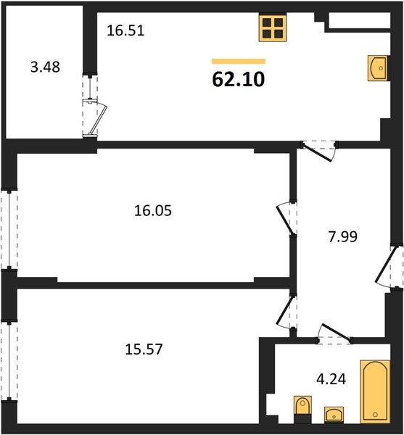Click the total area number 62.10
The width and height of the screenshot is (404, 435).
coord(239,80)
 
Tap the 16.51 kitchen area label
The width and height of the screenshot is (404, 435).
coord(125,30)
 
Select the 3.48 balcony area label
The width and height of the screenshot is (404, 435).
coord(45,67)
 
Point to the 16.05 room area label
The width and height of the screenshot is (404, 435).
coord(153,210)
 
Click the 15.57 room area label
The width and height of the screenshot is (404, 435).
coord(144,349)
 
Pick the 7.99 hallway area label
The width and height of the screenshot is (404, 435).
coord(343,236)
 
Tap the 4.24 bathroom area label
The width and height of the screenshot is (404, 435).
coord(331,379)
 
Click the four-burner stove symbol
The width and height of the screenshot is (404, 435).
coord(273,28)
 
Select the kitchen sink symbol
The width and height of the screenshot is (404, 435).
coord(378,68)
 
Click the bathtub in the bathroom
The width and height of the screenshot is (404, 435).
coord(375,391)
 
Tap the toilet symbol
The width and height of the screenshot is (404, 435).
coord(302,410)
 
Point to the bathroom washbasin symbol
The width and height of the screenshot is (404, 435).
coord(334,415)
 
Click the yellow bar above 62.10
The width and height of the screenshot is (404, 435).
coord(239,62)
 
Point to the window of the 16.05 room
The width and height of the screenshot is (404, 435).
coord(9,230)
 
